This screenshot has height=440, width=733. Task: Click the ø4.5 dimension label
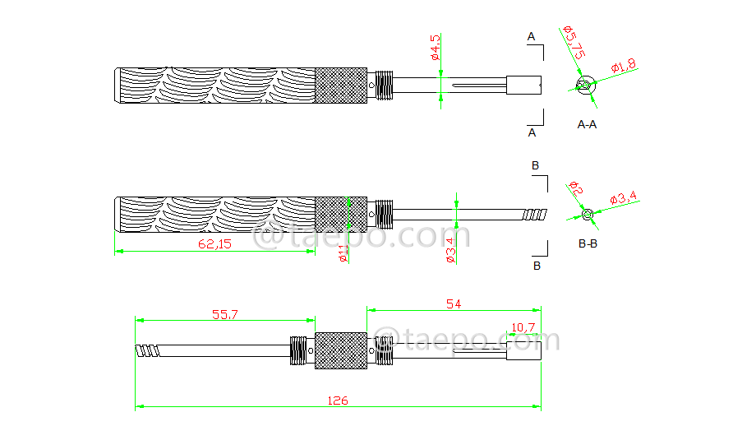(x=436, y=48)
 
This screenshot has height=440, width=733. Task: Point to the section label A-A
(x=588, y=125)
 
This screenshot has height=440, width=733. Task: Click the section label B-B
(x=588, y=244)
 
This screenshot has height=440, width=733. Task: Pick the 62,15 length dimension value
(x=215, y=244)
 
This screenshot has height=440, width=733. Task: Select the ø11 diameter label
(x=343, y=251)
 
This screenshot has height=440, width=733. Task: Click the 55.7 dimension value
(x=224, y=314)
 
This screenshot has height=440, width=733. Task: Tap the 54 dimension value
(x=454, y=304)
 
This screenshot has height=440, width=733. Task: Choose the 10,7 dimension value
(x=523, y=327)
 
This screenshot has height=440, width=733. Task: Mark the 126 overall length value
(x=338, y=401)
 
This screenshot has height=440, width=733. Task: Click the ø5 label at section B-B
(x=575, y=189)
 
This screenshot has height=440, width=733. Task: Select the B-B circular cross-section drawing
(x=587, y=215)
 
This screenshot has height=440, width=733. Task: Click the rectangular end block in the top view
(x=523, y=85)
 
